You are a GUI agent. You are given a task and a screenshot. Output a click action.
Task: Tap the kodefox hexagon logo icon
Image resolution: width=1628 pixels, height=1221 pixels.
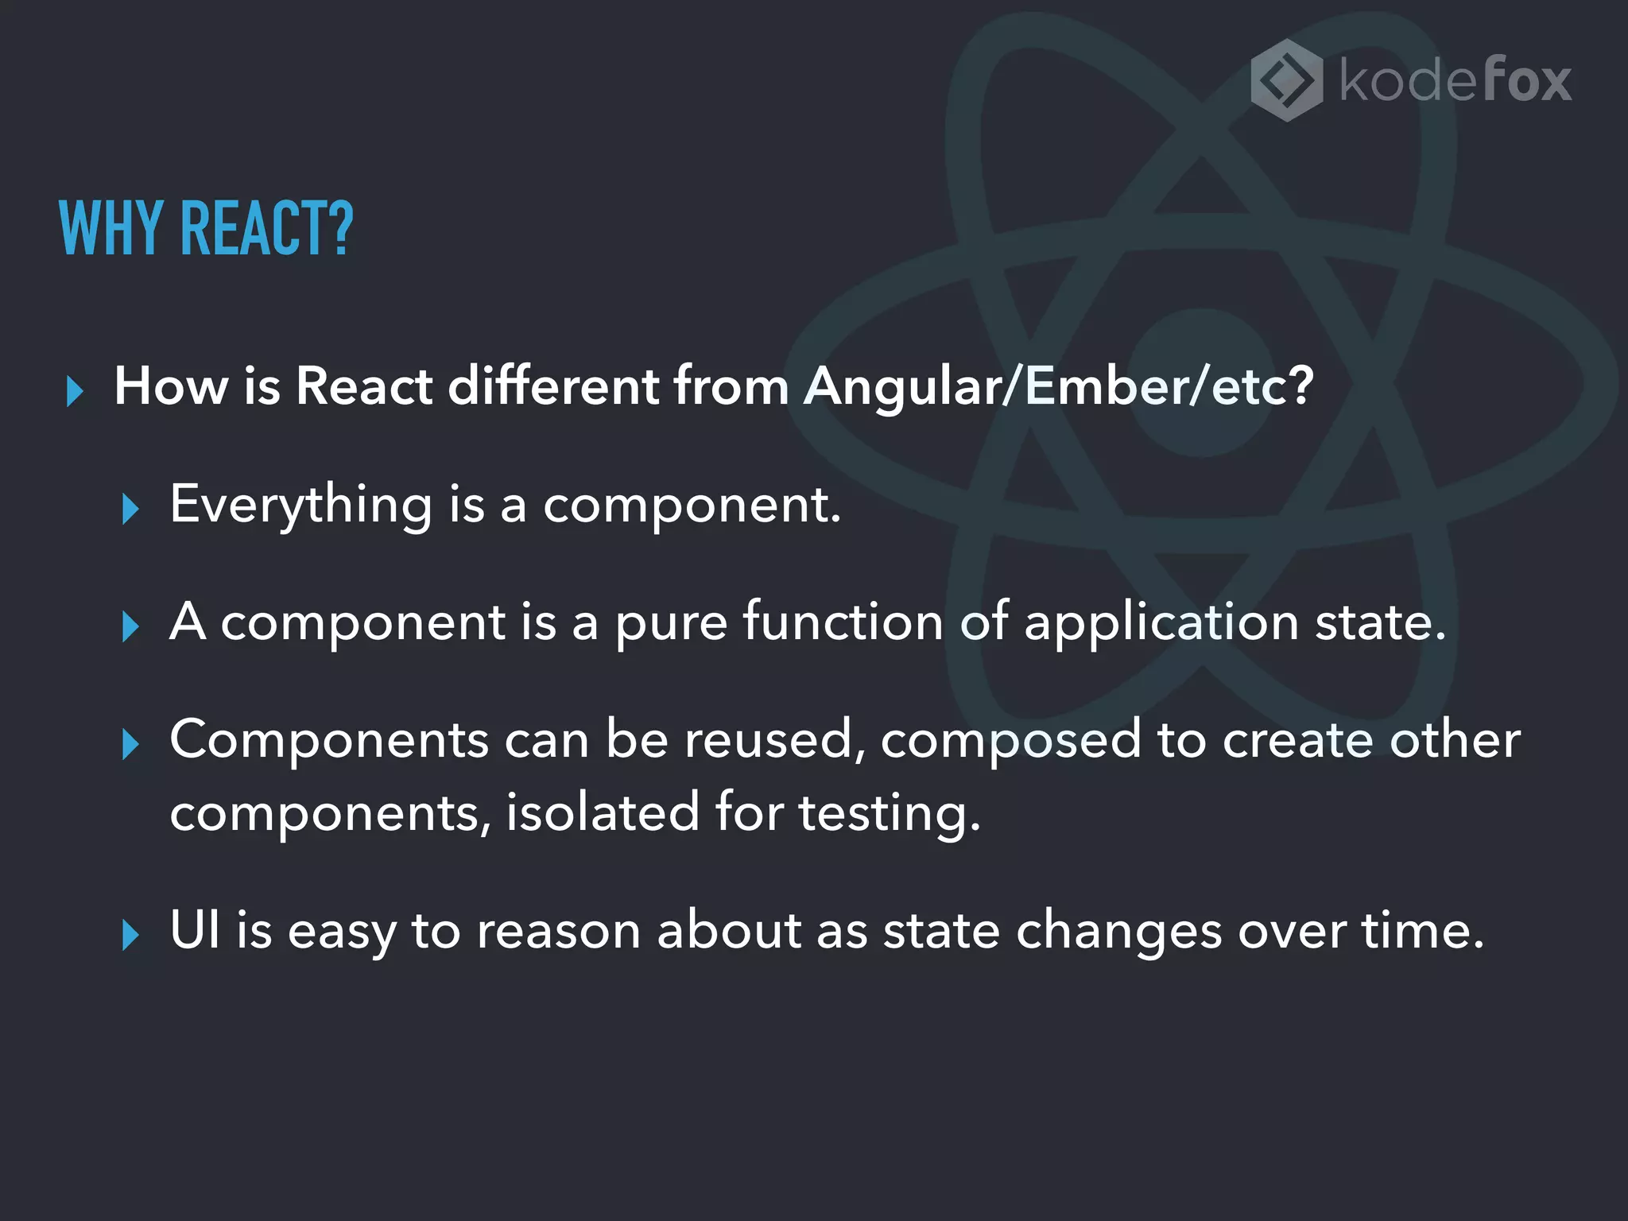click(x=1286, y=80)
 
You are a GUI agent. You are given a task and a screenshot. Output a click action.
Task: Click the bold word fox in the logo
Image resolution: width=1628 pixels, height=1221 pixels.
click(x=1528, y=80)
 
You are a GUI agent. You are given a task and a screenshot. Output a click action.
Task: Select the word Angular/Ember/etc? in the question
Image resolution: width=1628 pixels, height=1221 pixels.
click(x=1058, y=386)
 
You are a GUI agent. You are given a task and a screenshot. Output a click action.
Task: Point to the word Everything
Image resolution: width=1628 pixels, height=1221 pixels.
click(x=301, y=506)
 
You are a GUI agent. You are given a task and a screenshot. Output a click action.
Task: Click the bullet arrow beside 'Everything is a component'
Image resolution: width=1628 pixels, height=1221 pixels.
click(x=131, y=509)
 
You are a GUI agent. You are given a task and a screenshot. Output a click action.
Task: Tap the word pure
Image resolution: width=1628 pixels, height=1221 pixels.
click(x=671, y=622)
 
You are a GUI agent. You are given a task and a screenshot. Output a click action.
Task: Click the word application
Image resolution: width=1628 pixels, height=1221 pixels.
click(x=1161, y=622)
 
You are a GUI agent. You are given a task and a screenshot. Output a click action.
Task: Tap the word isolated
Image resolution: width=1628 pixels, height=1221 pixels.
click(x=603, y=812)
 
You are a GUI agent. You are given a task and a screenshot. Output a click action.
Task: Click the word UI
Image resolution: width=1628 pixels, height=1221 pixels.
click(x=196, y=929)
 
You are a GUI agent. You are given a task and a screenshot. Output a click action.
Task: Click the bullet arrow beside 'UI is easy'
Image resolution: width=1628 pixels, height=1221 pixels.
click(x=131, y=935)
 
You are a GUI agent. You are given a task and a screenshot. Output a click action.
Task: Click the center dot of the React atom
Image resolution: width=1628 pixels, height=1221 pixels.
click(x=1201, y=383)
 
